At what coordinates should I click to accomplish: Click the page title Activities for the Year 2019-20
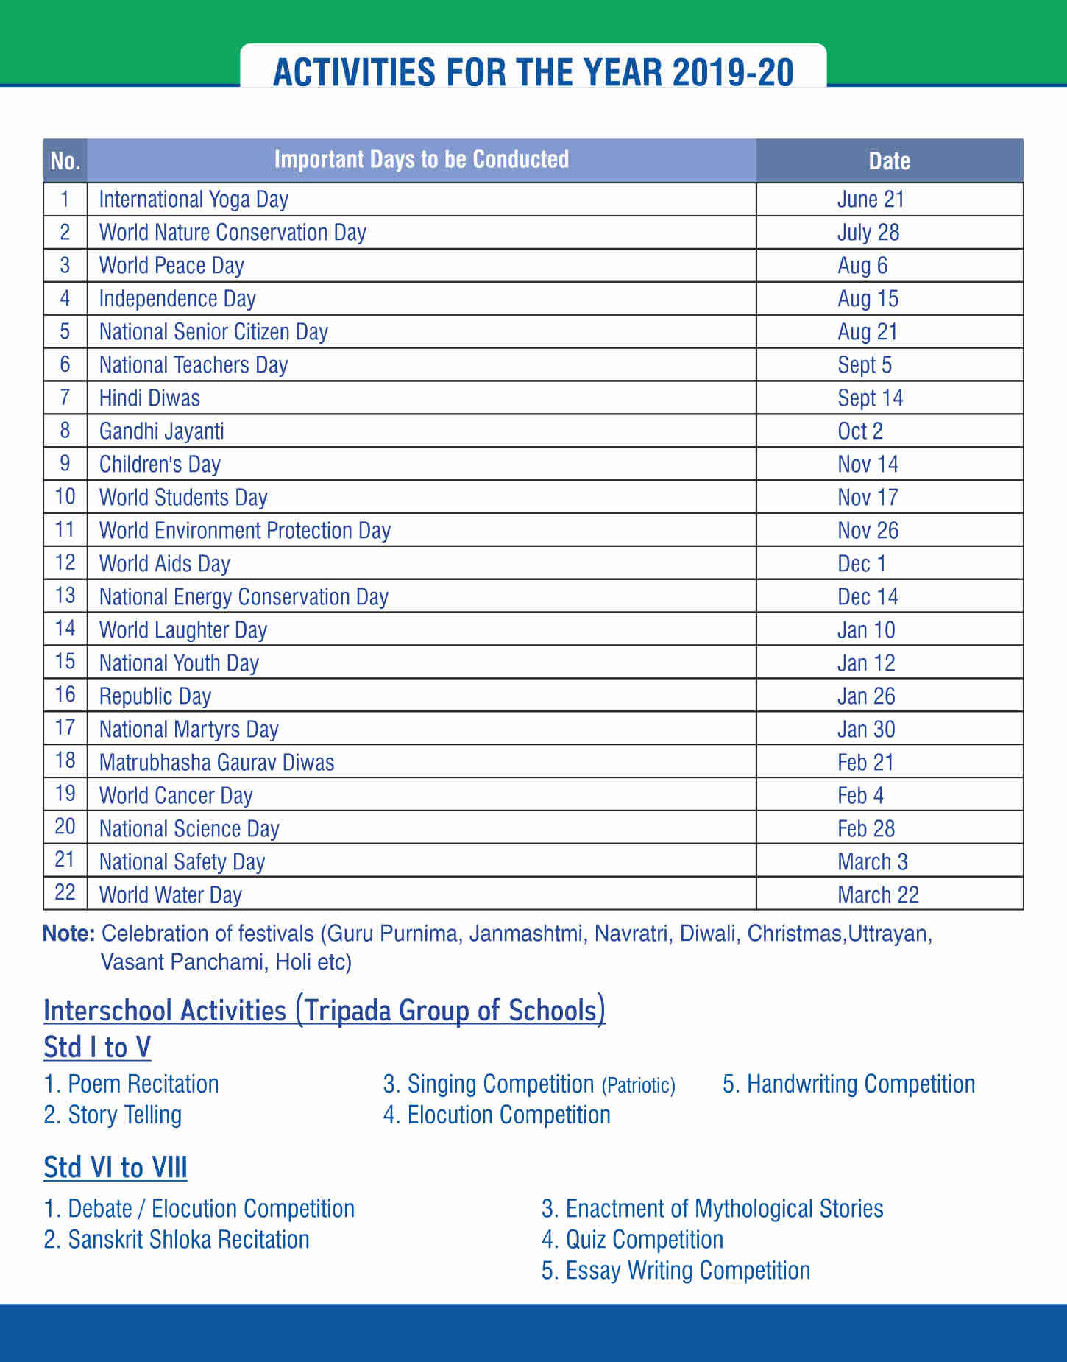pos(533,73)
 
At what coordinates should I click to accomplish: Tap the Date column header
pos(889,160)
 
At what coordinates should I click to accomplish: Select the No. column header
pos(65,160)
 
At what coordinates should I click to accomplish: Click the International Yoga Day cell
pos(194,200)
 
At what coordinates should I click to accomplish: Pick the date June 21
pos(871,200)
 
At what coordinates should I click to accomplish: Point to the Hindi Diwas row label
pos(149,398)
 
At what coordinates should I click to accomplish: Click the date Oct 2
pos(860,431)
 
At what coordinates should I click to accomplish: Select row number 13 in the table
pos(65,595)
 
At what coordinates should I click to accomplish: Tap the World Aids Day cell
pos(165,564)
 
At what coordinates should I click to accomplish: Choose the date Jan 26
pos(866,696)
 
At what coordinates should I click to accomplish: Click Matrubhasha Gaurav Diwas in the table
pos(216,763)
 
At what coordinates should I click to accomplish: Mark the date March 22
pos(878,895)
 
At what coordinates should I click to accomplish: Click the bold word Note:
pos(68,934)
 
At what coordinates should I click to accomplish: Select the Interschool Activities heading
pos(325,1010)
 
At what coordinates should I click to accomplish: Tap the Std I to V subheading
pos(97,1047)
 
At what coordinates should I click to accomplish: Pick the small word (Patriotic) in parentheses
pos(638,1085)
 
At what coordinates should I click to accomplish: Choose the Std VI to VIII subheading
pos(116,1168)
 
